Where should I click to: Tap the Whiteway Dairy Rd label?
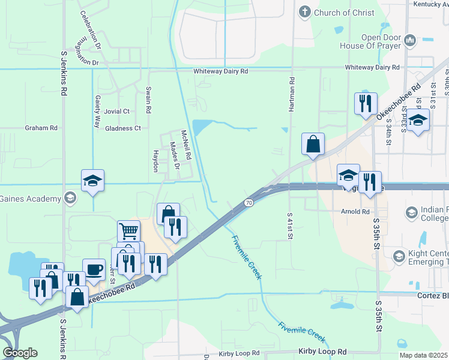point(220,71)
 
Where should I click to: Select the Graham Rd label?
point(41,128)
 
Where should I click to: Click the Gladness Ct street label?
point(122,128)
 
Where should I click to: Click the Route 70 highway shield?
point(248,203)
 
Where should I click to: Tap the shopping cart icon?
point(128,230)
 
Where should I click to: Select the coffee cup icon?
point(93,269)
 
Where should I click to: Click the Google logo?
point(19,353)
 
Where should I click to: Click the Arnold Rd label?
point(357,212)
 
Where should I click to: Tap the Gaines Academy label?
point(30,199)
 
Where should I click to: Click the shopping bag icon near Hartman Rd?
point(313,144)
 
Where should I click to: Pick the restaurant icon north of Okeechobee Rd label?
point(366,103)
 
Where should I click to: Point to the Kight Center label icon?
point(399,257)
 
